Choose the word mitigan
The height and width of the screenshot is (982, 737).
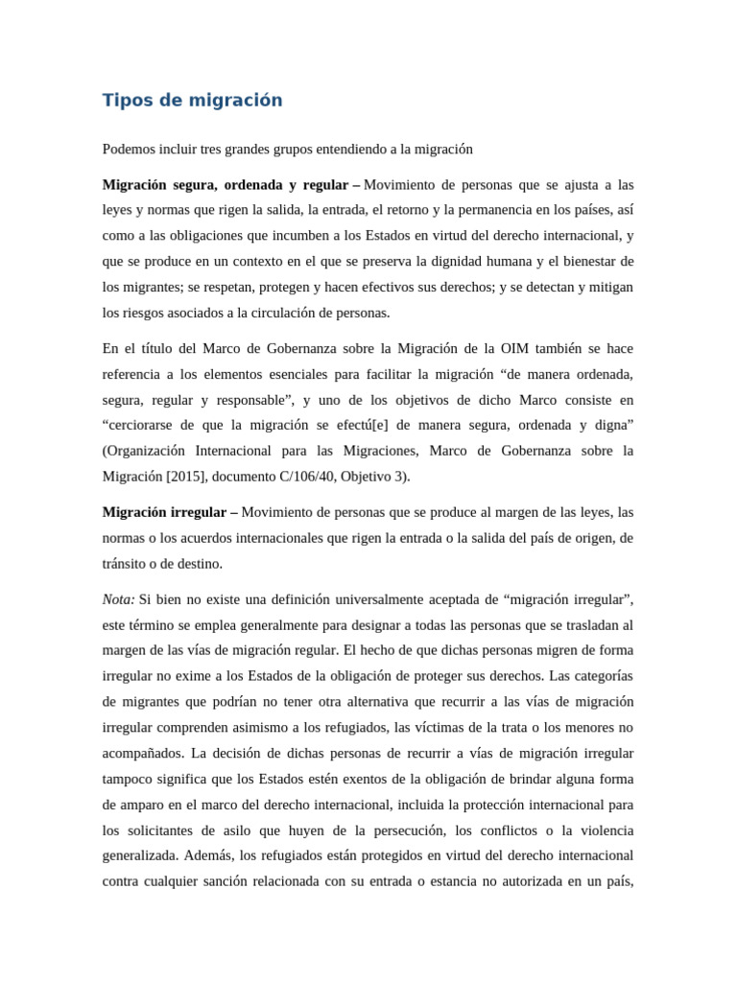pyautogui.click(x=609, y=287)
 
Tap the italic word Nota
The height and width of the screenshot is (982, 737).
pyautogui.click(x=119, y=599)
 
